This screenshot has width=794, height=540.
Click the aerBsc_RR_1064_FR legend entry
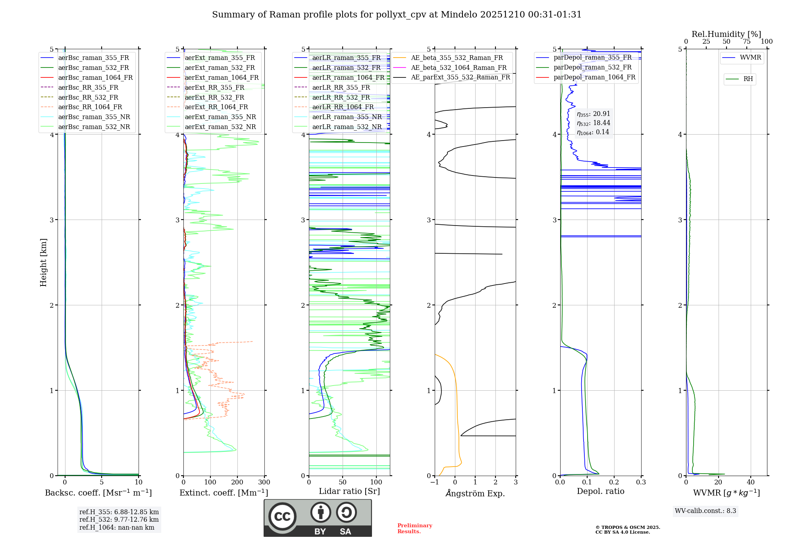tap(90, 107)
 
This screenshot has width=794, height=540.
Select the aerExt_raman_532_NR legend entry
tap(220, 127)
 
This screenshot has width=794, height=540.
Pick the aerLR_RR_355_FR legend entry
tap(341, 87)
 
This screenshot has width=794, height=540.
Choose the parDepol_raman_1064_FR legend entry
tap(594, 77)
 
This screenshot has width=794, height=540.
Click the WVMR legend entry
tap(750, 58)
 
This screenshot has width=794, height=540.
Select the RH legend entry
tap(748, 79)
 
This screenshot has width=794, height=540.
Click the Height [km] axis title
tap(43, 262)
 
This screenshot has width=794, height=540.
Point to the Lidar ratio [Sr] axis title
tap(349, 491)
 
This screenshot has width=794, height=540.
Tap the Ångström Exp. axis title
tap(475, 494)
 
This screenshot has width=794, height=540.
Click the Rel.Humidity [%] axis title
tap(726, 34)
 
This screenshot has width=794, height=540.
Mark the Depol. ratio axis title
tap(600, 491)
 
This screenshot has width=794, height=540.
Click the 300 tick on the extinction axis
tap(264, 482)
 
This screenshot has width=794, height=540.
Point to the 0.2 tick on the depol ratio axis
tap(614, 482)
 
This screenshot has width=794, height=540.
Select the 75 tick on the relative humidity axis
tap(747, 42)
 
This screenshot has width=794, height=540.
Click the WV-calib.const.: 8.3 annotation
tap(705, 511)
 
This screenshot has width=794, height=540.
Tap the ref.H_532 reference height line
tap(119, 520)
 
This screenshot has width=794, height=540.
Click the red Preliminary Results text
tap(414, 528)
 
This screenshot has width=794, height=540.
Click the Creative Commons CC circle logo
tap(282, 517)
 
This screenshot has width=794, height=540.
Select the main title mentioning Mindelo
tap(397, 15)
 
